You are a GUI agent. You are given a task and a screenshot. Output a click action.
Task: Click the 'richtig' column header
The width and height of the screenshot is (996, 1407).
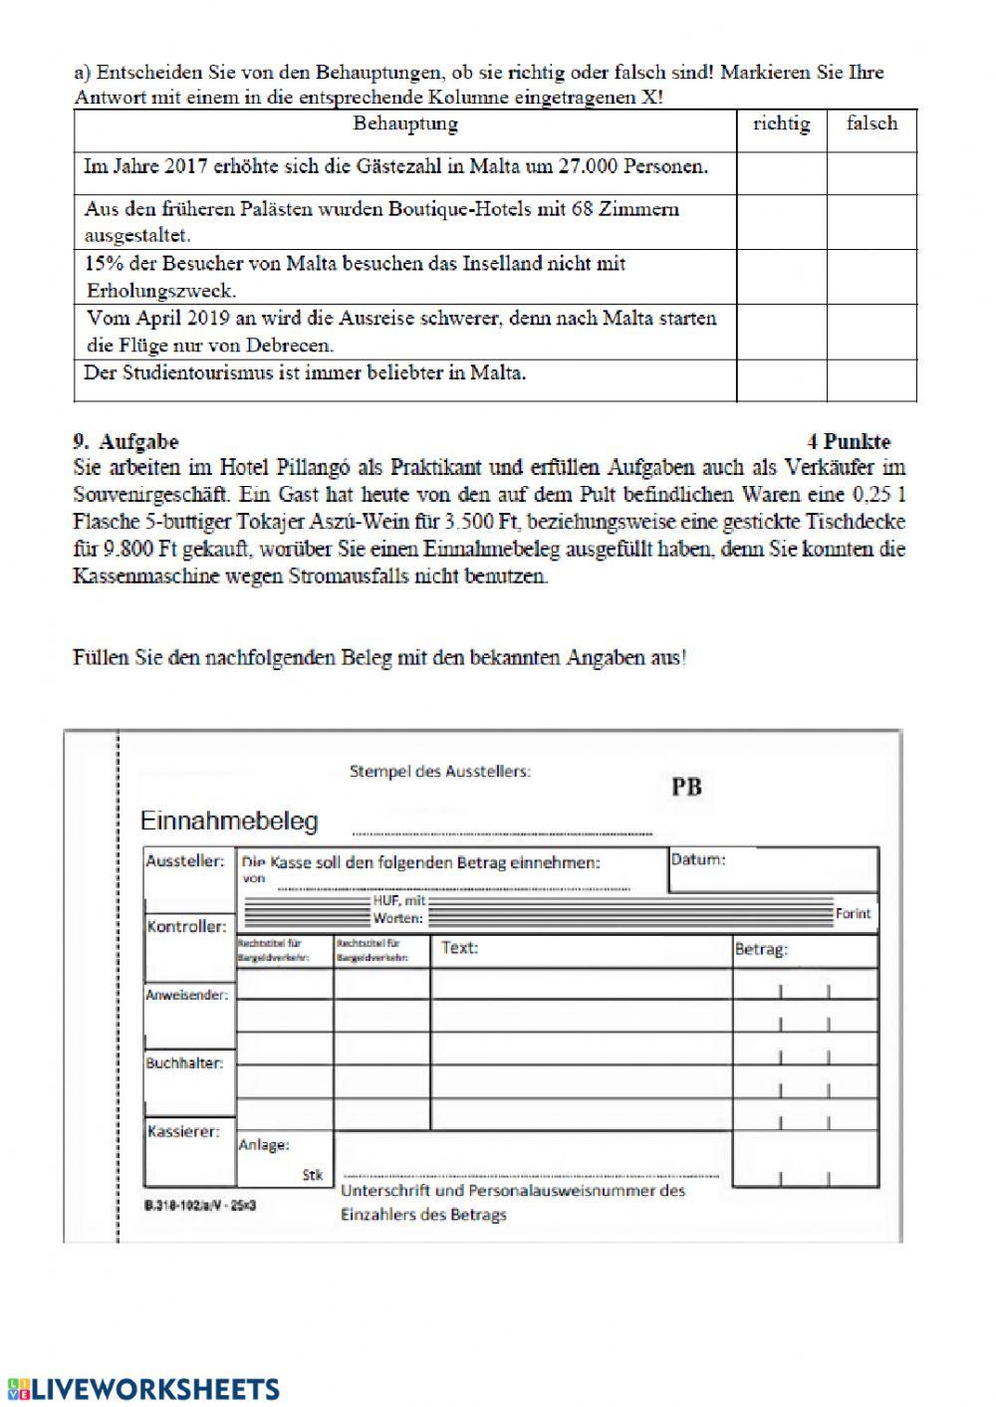click(x=781, y=124)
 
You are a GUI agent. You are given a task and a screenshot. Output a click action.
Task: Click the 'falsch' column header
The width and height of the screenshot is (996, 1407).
click(x=871, y=124)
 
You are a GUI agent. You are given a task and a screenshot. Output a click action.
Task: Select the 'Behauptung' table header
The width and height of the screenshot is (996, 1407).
click(x=405, y=124)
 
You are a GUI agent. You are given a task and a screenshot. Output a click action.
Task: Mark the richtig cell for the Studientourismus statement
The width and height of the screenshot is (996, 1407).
click(x=781, y=380)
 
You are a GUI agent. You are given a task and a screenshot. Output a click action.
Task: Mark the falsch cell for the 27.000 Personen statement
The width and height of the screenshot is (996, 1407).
click(x=871, y=173)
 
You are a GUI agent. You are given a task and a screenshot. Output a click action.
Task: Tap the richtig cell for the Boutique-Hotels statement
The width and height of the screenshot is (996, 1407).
click(x=781, y=222)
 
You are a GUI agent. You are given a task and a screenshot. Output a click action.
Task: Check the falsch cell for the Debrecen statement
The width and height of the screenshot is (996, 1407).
click(x=871, y=332)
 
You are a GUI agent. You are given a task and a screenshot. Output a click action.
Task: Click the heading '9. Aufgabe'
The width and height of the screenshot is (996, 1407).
click(x=126, y=442)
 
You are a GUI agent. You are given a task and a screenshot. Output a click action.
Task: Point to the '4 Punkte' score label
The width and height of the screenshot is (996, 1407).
click(x=849, y=442)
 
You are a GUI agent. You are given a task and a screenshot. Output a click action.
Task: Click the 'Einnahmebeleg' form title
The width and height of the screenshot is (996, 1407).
click(x=229, y=821)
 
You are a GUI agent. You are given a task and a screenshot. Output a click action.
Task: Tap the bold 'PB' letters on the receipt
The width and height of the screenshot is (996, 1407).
click(x=686, y=788)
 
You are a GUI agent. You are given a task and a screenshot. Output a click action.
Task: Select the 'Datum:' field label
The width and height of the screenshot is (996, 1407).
click(x=698, y=859)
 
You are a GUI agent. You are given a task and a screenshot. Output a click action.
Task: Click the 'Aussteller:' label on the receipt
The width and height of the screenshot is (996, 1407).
click(x=185, y=861)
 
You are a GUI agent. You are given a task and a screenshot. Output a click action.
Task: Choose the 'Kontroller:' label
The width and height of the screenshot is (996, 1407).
click(x=186, y=927)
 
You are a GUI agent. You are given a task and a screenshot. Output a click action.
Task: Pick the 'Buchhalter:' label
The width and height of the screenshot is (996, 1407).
click(x=184, y=1063)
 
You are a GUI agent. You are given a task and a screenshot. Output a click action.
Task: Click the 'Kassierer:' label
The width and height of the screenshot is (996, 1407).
click(x=183, y=1132)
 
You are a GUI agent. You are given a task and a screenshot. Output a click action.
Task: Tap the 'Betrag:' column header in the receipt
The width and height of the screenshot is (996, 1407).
click(x=761, y=950)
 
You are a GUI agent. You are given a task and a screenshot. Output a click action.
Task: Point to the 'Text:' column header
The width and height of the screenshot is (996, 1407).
click(x=459, y=948)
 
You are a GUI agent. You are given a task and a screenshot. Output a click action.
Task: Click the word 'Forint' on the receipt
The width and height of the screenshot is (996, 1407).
click(x=853, y=913)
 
